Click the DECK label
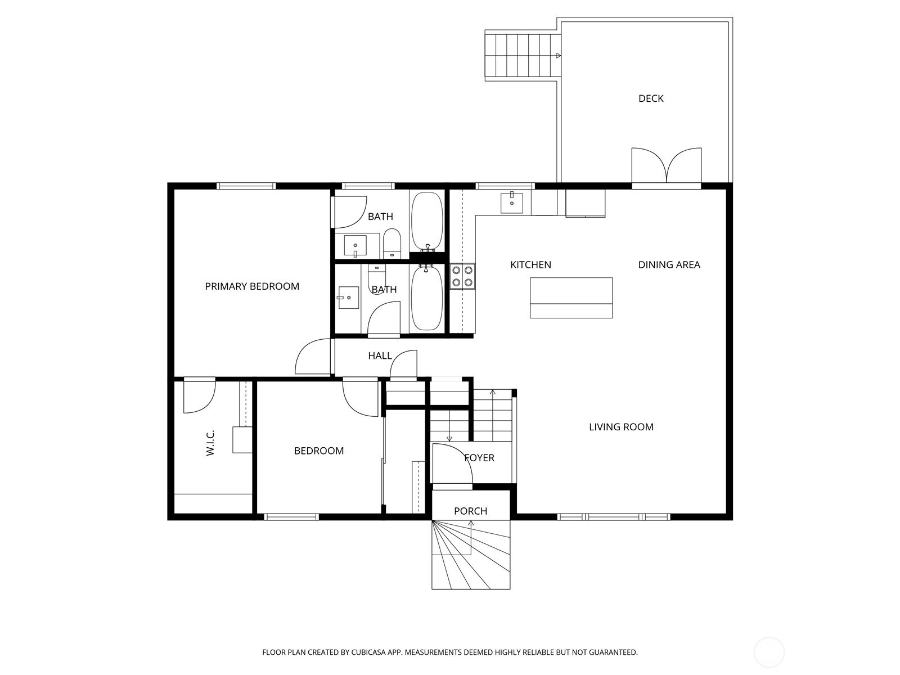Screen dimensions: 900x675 coord(651,98)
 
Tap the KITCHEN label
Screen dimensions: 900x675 coord(530,265)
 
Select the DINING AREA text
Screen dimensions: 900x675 coord(669,265)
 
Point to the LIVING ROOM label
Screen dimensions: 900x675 coord(621,427)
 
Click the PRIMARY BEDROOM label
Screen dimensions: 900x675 coord(252,286)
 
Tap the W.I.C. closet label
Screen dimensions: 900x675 coord(210,443)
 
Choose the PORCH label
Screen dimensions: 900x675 coord(470,511)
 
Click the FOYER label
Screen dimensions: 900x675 coord(479,458)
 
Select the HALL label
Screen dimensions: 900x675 coord(380,355)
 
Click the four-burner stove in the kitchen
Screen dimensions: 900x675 coord(462,276)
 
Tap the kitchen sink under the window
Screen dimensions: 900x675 coord(512,202)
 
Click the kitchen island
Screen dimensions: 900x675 coord(571,298)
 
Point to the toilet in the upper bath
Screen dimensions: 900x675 coord(391,244)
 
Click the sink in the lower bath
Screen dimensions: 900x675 coord(348,298)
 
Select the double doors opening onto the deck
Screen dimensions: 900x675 coord(667,165)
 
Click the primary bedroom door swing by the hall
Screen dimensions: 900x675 coord(313,356)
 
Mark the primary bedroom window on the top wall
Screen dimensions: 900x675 coord(246,186)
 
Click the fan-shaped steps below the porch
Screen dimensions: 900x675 coord(471,555)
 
